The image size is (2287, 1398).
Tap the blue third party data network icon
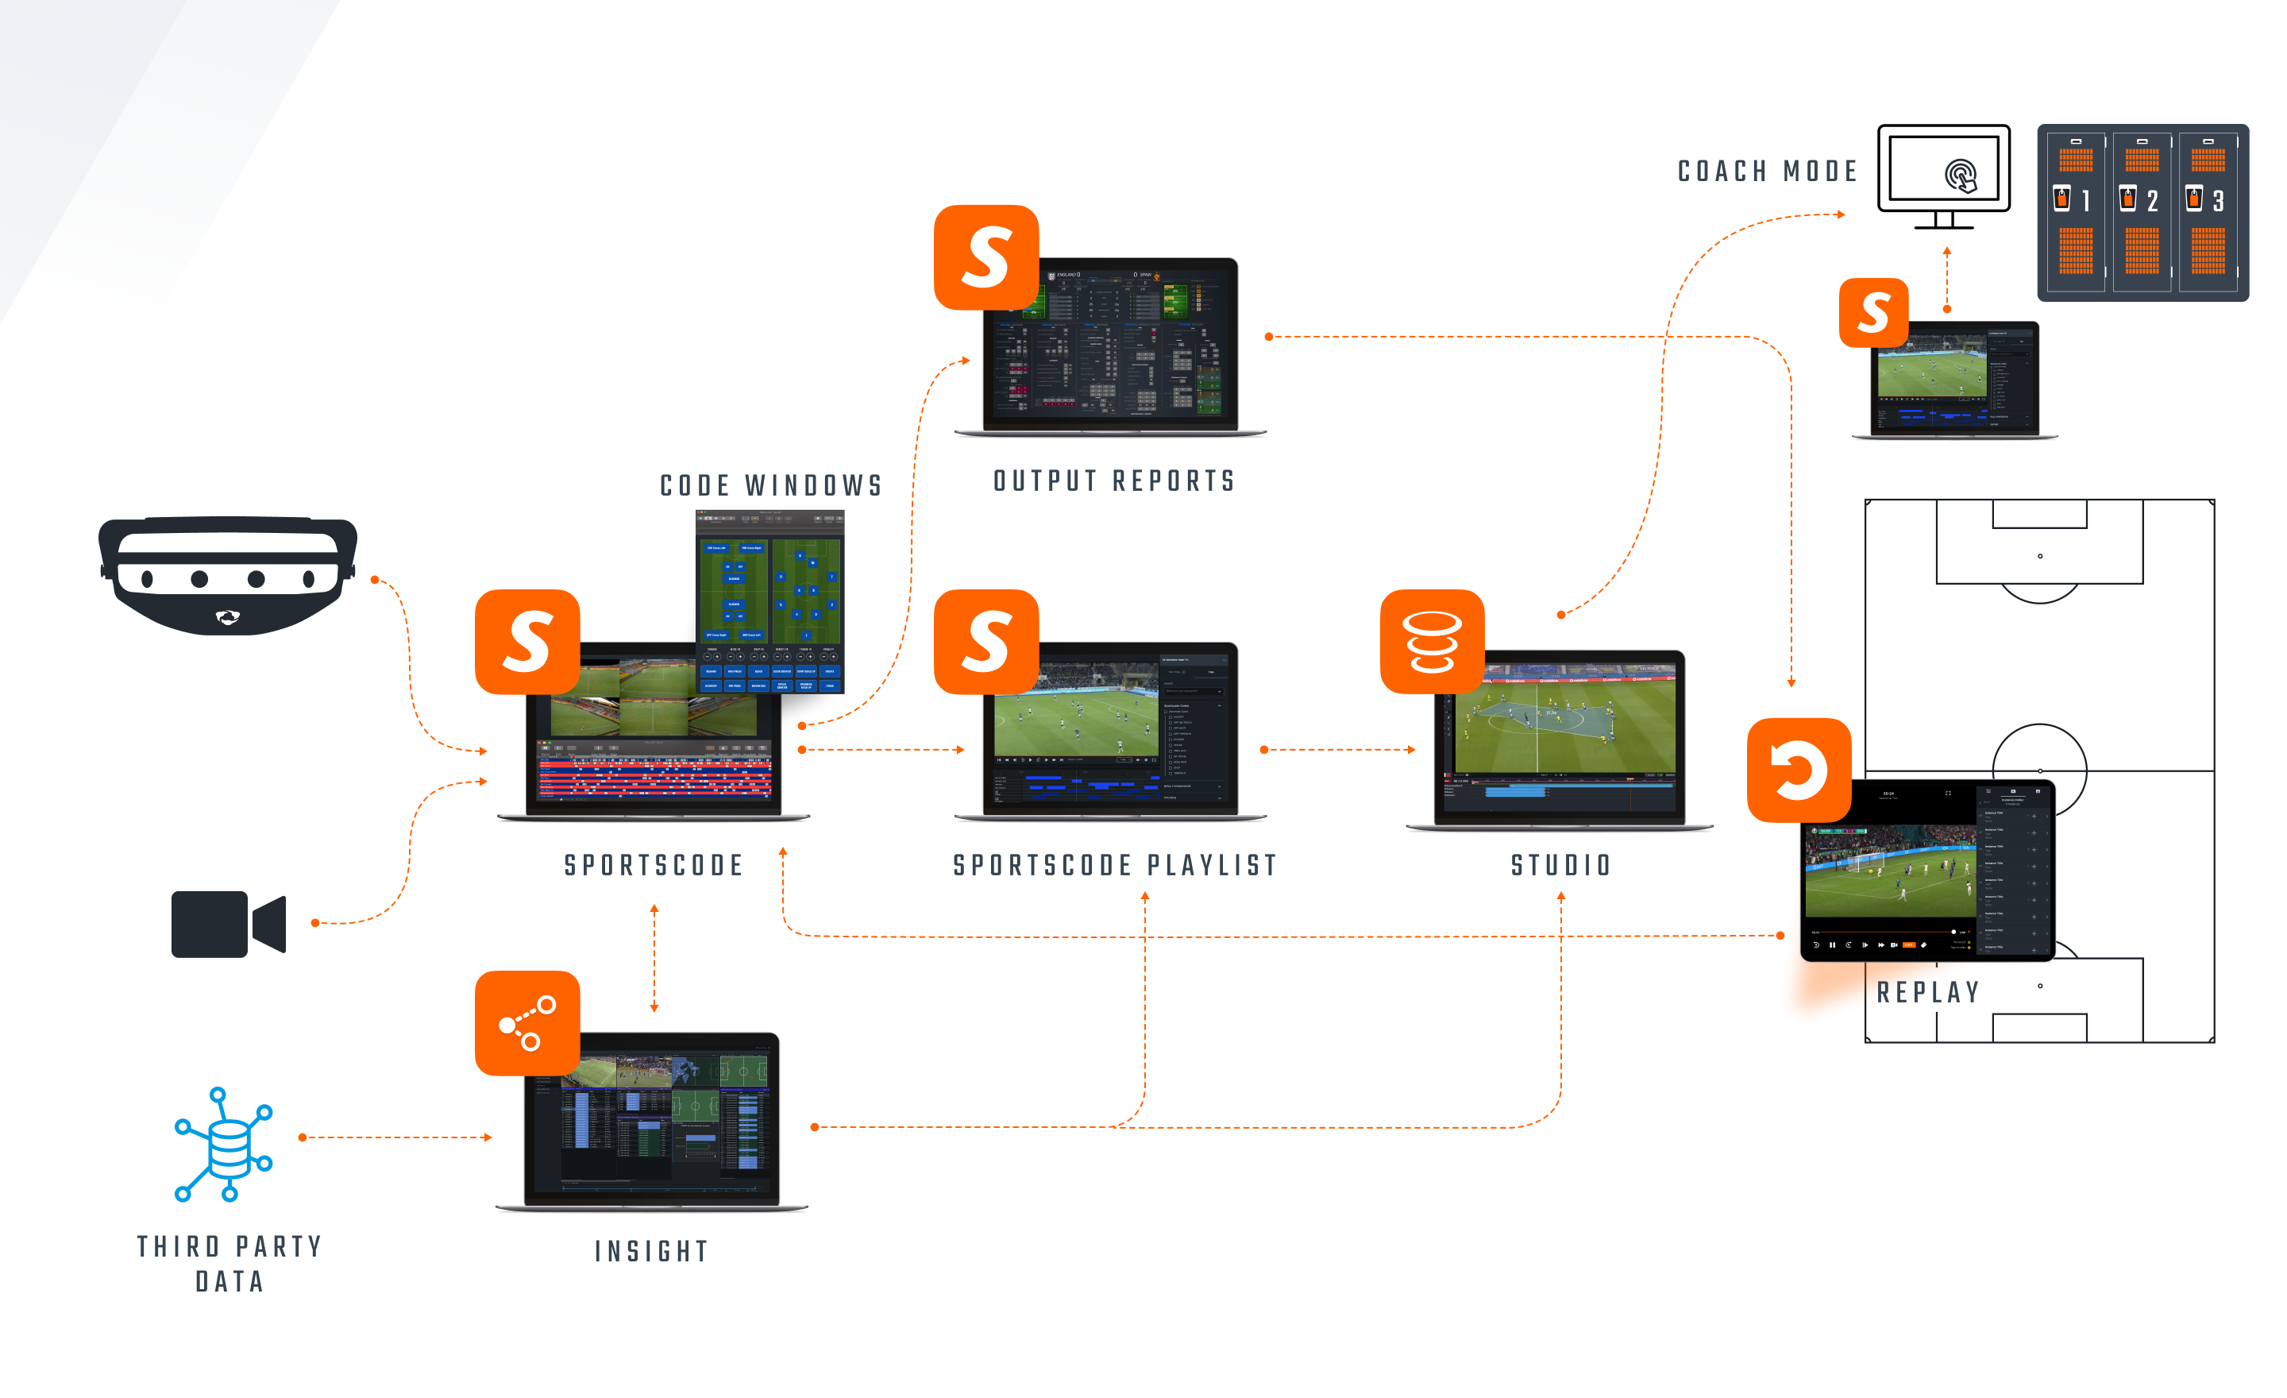[x=224, y=1145]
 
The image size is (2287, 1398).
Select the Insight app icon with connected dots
[x=527, y=1023]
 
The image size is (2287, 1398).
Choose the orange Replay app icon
[x=1799, y=770]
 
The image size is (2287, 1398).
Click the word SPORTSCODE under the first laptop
[x=654, y=866]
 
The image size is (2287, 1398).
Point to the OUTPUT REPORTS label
[x=1114, y=481]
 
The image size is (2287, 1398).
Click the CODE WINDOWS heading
[x=770, y=485]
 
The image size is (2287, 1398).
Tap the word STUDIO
[x=1561, y=866]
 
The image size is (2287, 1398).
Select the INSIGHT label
[x=652, y=1251]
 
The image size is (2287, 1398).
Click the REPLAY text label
[x=1928, y=992]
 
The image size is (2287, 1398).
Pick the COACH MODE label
[x=1767, y=172]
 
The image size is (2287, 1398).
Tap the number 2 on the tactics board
[x=2151, y=200]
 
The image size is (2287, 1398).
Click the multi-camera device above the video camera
[x=227, y=576]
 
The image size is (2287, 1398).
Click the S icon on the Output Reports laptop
[x=985, y=257]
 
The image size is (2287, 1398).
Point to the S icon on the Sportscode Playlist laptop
[x=985, y=642]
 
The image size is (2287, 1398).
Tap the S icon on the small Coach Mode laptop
[x=1874, y=313]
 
